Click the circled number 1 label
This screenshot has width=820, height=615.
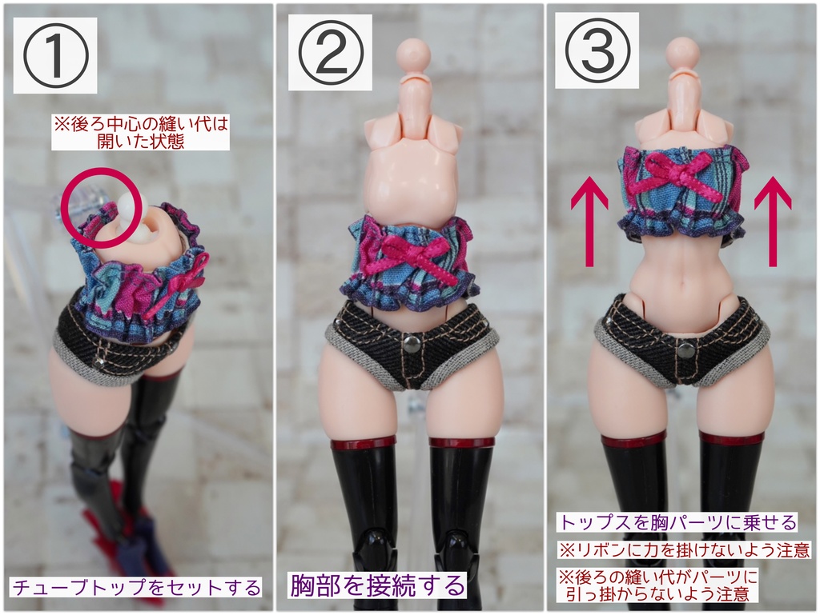point(54,56)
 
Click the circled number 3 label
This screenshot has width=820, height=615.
point(597,51)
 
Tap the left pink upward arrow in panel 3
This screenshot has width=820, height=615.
point(589,221)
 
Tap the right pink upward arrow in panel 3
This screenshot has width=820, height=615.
point(773,221)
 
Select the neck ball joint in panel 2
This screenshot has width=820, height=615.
point(414,55)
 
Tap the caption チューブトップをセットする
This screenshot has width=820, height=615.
point(136,587)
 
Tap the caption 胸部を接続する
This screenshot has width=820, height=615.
point(376,585)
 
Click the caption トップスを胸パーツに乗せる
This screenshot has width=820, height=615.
point(677,522)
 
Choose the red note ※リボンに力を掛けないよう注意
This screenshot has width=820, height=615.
point(684,549)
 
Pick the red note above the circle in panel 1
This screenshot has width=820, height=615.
point(140,133)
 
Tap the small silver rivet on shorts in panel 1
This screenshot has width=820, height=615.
point(98,361)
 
